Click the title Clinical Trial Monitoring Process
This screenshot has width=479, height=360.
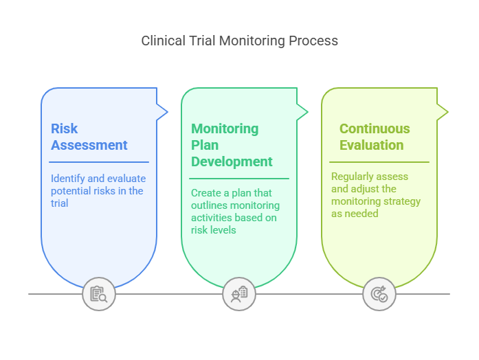pyautogui.click(x=239, y=41)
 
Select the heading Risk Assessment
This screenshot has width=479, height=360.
pyautogui.click(x=89, y=137)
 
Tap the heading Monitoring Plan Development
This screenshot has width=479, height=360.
pyautogui.click(x=232, y=145)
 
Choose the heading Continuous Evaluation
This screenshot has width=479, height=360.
pyautogui.click(x=375, y=137)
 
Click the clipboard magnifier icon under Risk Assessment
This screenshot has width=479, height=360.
pyautogui.click(x=99, y=294)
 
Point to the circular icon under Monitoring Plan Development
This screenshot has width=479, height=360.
pyautogui.click(x=239, y=294)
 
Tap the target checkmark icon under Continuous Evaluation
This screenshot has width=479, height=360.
pyautogui.click(x=379, y=294)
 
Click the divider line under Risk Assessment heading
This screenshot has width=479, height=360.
pyautogui.click(x=99, y=162)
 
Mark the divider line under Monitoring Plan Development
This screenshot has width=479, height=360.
pyautogui.click(x=239, y=179)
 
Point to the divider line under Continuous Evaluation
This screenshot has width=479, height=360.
pyautogui.click(x=379, y=162)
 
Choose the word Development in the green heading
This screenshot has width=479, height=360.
pyautogui.click(x=232, y=162)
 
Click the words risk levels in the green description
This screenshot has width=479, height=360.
pyautogui.click(x=213, y=230)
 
